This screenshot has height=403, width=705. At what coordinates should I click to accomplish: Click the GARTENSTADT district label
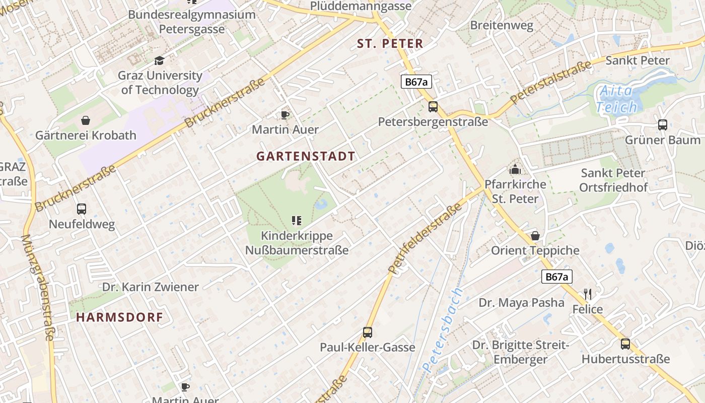[x=306, y=156]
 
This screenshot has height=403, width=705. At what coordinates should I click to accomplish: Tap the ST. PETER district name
[x=390, y=44]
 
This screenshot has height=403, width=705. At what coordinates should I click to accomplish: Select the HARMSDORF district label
[x=120, y=317]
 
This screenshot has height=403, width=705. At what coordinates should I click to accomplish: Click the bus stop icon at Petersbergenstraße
[x=433, y=107]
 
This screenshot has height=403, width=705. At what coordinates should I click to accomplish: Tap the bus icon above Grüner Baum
[x=663, y=125]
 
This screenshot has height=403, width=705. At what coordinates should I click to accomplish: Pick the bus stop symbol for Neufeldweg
[x=82, y=209]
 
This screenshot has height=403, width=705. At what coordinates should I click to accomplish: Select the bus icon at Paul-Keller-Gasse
[x=368, y=332]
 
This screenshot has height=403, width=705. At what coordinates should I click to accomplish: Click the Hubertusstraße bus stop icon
[x=625, y=344]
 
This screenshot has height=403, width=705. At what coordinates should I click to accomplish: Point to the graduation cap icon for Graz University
[x=160, y=61]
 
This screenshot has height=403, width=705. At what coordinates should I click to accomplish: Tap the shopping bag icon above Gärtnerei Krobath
[x=86, y=120]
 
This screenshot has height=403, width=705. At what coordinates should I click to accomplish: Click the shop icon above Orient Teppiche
[x=535, y=236]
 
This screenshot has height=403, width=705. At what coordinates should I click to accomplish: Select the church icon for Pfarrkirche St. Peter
[x=515, y=169]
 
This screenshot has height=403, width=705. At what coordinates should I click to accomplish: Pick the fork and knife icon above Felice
[x=587, y=294]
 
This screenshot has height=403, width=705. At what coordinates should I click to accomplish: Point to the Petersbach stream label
[x=443, y=330]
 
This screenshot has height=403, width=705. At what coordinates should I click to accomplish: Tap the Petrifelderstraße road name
[x=426, y=239]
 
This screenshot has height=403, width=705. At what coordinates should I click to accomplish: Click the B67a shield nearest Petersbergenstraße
[x=416, y=82]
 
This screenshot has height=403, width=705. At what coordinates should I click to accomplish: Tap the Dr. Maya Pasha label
[x=521, y=303]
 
